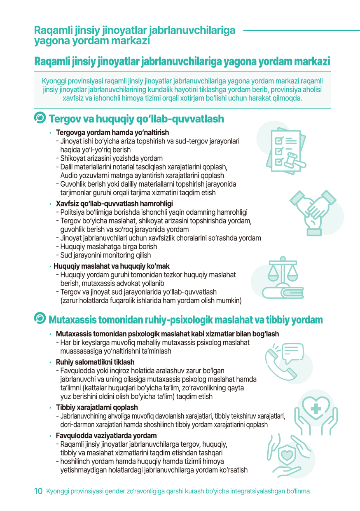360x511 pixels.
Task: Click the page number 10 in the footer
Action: tap(38, 491)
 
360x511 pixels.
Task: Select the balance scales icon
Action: tap(282, 278)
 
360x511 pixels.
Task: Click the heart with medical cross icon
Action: tap(316, 408)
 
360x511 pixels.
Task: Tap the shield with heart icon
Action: tap(287, 454)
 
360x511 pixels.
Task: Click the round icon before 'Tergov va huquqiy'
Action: tap(40, 118)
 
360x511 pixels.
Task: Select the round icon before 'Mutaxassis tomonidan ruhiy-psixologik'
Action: tap(40, 319)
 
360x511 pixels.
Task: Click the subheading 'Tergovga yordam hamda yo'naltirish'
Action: tap(112, 133)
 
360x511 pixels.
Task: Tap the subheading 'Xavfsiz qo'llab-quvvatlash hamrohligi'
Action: tap(114, 204)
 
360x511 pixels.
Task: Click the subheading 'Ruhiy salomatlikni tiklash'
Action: tap(95, 362)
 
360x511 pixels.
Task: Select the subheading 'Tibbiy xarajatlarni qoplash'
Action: tap(97, 408)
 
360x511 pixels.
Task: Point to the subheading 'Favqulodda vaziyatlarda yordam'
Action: tap(106, 436)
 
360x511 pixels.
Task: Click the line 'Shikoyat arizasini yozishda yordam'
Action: tap(111, 158)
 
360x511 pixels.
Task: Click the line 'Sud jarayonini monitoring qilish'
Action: tap(105, 255)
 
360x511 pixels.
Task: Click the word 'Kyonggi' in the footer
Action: tap(57, 491)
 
